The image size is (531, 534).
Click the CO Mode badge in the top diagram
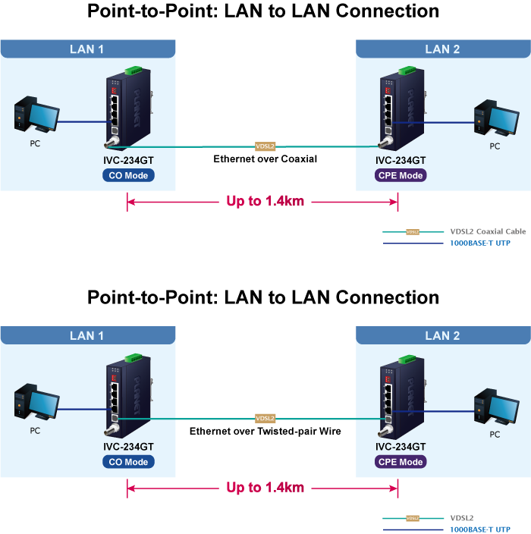pos(128,175)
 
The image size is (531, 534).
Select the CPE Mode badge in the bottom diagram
pos(401,462)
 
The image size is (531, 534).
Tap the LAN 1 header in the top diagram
pos(86,49)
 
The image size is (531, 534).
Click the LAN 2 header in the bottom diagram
pos(442,336)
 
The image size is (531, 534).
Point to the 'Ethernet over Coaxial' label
pos(265,159)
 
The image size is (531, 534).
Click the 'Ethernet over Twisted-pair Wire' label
pos(265,431)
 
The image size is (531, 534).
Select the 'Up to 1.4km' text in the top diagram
pos(265,202)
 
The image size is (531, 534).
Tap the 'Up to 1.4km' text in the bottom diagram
pos(265,488)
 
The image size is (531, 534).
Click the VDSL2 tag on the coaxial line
pos(265,146)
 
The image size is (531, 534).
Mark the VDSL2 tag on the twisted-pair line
pos(265,418)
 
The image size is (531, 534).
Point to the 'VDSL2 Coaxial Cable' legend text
pos(488,231)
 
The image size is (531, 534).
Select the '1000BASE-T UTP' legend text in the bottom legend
pos(480,529)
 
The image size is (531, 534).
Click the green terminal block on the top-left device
pos(134,71)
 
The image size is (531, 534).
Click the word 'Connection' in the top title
pos(388,11)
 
